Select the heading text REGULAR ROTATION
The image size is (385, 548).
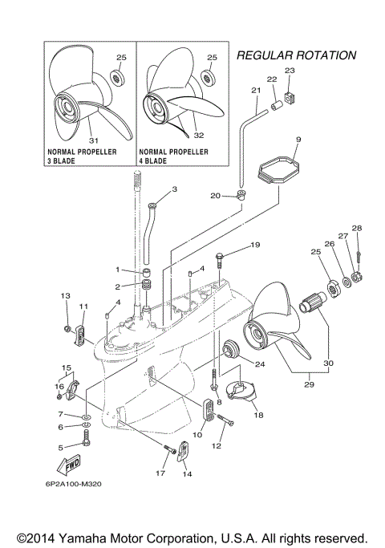[x=296, y=56]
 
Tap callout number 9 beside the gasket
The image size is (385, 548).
[x=275, y=140]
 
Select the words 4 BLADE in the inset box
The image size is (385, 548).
[x=153, y=160]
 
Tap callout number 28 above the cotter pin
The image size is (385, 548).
[x=357, y=229]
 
